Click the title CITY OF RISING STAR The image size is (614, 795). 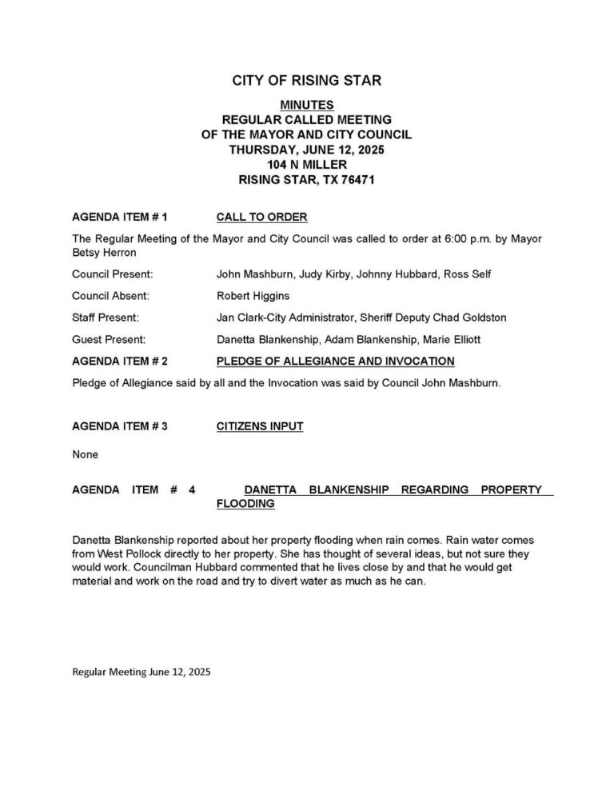click(x=306, y=81)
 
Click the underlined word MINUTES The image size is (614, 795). click(x=307, y=106)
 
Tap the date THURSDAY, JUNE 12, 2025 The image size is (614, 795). click(x=307, y=150)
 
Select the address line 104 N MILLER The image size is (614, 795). click(x=307, y=165)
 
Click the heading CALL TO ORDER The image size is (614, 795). click(x=261, y=218)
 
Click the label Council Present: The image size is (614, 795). click(x=112, y=274)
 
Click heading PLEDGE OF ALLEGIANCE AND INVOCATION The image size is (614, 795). click(x=335, y=362)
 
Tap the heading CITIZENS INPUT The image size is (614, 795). click(x=259, y=426)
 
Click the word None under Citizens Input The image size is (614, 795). click(x=85, y=454)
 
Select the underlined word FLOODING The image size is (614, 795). click(x=245, y=504)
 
